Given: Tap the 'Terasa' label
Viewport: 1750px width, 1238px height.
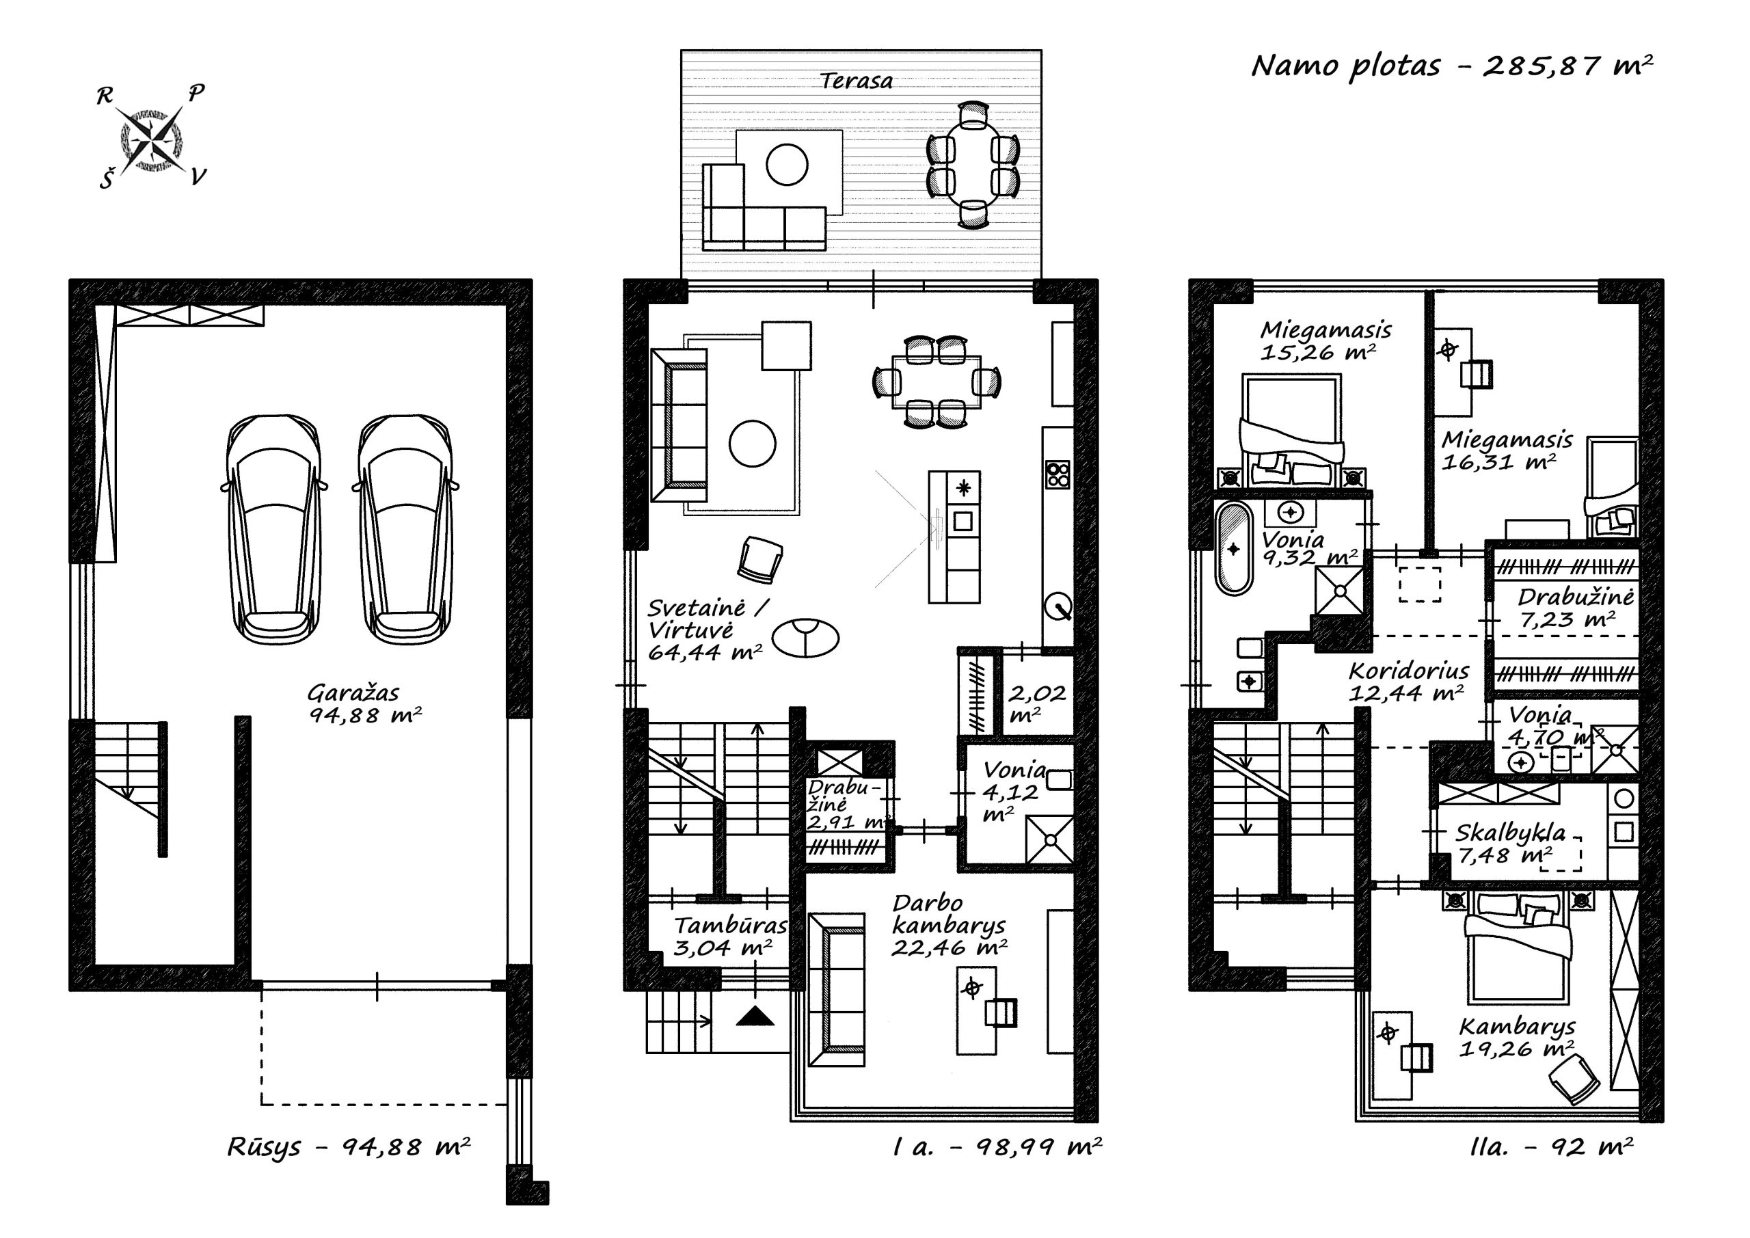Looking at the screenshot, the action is point(856,81).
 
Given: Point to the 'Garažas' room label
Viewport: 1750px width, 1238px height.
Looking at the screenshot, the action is point(353,693).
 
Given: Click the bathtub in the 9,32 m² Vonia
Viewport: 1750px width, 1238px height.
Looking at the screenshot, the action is point(1233,548).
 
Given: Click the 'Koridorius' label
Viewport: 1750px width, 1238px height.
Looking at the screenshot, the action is point(1408,671).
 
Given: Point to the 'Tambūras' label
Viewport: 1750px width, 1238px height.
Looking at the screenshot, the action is point(730,926).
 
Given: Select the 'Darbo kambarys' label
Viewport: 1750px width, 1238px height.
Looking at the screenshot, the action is point(948,914).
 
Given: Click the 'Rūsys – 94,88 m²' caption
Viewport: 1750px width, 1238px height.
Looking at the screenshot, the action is point(349,1147).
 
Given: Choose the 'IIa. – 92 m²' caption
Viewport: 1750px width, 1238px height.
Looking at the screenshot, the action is point(1551,1147).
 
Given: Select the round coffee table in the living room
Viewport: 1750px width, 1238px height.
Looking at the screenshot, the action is point(752,444).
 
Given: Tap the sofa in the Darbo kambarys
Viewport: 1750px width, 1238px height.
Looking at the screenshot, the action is point(837,989).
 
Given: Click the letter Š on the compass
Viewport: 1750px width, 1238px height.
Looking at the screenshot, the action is point(107,179).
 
